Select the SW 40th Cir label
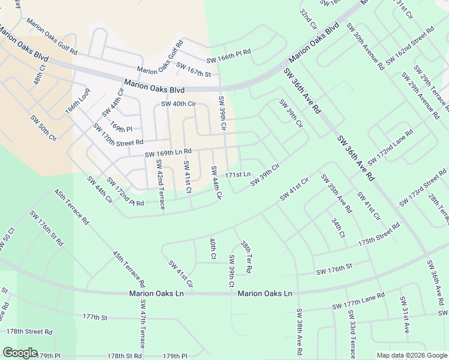[179, 104]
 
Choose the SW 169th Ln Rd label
[167, 154]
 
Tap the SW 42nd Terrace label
[160, 180]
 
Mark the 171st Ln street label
[238, 175]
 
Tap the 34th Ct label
[338, 228]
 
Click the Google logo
[20, 352]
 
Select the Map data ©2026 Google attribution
[412, 355]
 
